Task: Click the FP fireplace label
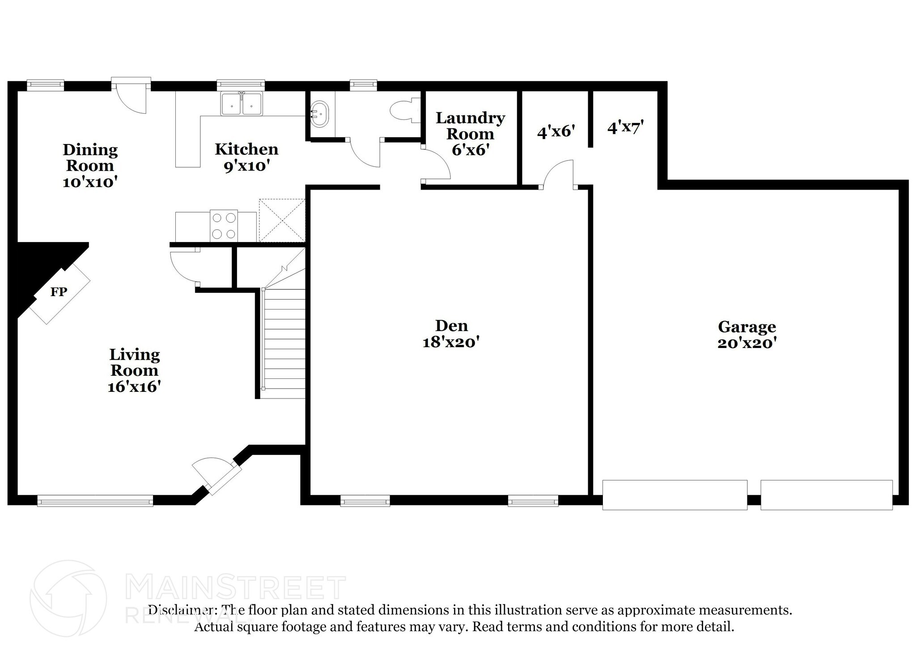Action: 59,292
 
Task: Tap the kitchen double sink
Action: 242,104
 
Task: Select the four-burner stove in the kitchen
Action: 224,226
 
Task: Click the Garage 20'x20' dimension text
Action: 746,343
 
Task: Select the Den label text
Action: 451,325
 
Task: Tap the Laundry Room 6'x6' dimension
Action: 469,150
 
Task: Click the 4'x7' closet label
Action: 625,127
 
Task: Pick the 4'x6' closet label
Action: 556,132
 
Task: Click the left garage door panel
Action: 674,495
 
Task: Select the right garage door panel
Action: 826,495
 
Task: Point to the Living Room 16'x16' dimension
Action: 134,386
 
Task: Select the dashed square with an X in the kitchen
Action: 282,221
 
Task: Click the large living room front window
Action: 95,501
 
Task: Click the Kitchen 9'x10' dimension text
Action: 246,166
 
